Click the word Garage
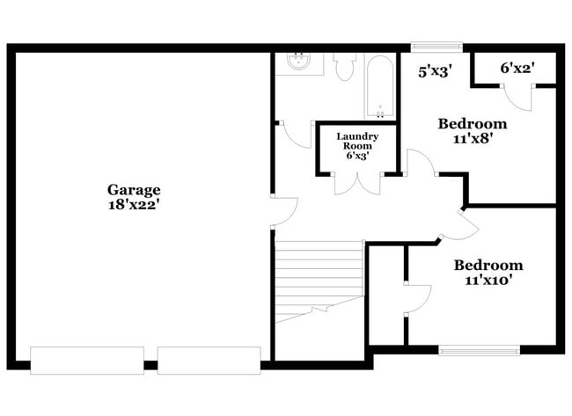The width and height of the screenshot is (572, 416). coord(134,189)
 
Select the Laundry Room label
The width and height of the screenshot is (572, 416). coord(357,141)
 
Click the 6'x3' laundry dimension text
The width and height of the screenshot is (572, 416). coord(357,156)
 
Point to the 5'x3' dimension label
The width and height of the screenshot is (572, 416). coord(435,72)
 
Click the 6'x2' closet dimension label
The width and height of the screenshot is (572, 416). coord(516,67)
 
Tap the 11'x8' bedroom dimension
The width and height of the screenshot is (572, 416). coord(473,138)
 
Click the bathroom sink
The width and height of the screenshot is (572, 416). coord(299,62)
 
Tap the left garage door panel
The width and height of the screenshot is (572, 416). coord(86,360)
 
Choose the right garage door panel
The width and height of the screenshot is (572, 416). coord(209,360)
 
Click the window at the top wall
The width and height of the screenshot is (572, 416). coord(436,47)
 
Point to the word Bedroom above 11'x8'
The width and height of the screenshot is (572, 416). coord(473,123)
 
